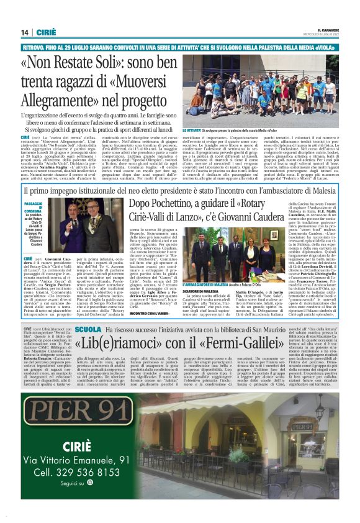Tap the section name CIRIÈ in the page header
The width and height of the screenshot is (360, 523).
[47, 32]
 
